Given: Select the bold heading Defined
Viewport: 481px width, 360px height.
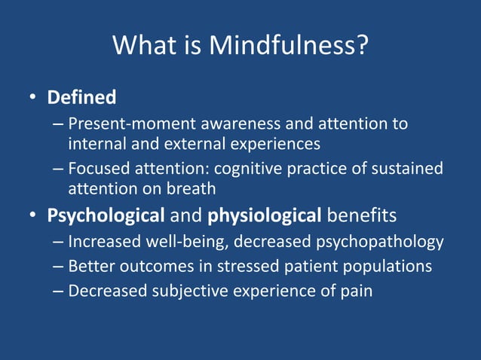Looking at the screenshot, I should [x=81, y=97].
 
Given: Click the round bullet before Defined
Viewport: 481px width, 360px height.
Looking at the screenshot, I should [x=33, y=98].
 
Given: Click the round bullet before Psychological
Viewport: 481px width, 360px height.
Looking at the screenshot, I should [x=33, y=216].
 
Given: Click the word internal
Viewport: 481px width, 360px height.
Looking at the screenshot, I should [x=94, y=142].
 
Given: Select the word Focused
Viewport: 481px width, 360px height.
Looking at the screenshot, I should [x=97, y=167].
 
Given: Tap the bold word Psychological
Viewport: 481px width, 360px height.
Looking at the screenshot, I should [x=106, y=216].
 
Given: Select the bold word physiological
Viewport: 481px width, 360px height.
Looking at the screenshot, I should [x=265, y=216].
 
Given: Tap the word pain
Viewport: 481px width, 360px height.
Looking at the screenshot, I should [x=357, y=290].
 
